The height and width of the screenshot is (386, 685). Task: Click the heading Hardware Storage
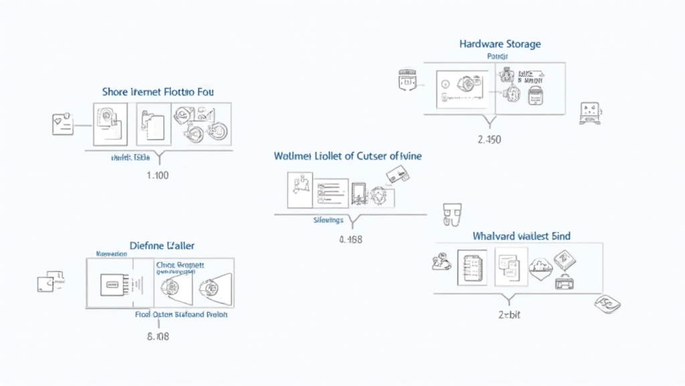click(500, 44)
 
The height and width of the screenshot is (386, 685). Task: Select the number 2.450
click(489, 140)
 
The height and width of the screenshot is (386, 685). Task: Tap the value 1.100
click(157, 176)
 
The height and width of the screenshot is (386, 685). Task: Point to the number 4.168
click(351, 239)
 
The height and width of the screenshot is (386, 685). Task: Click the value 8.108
click(157, 336)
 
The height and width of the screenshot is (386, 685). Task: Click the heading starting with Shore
click(158, 91)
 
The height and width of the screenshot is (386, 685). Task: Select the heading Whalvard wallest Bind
click(522, 237)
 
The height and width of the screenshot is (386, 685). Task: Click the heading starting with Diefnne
click(158, 247)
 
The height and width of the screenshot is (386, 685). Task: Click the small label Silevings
click(328, 220)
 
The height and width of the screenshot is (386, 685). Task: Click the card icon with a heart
click(62, 125)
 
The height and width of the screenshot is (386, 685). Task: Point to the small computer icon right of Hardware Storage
click(589, 113)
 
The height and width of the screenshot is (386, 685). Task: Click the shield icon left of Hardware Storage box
click(407, 80)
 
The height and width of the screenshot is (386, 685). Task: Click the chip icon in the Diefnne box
click(110, 284)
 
